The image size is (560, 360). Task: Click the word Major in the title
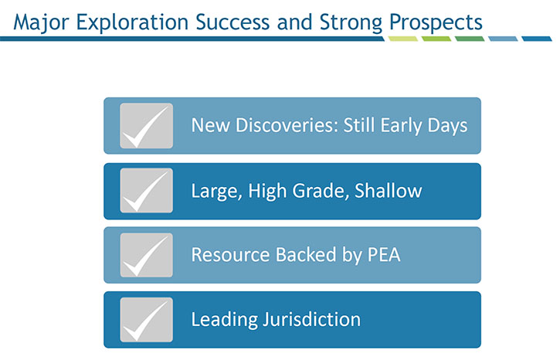pos(41,23)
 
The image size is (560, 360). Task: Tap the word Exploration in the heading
pos(132,23)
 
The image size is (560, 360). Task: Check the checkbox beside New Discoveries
pos(147,126)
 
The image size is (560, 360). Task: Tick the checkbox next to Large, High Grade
pos(147,190)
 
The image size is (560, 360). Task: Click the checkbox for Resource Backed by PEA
pos(147,255)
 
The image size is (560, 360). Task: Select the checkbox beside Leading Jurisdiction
pos(147,320)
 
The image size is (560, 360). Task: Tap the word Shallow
pos(389,190)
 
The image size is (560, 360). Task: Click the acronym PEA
pos(384,255)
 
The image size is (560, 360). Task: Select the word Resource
pos(230,255)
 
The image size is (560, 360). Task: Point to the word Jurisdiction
pos(312,319)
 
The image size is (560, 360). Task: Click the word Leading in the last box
pos(224,320)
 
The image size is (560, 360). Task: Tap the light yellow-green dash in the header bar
pos(403,39)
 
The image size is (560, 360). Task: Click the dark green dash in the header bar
pos(470,39)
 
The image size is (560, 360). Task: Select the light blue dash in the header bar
pos(503,39)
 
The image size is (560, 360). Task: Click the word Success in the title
pos(232,23)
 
